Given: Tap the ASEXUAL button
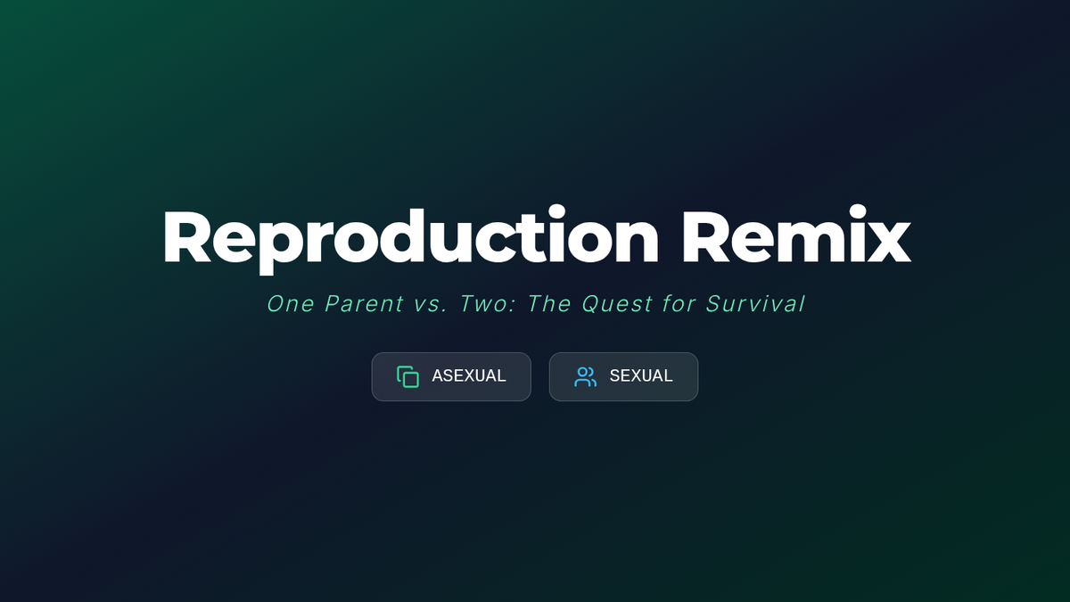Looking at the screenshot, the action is pos(451,376).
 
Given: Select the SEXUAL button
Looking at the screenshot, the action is pos(623,376).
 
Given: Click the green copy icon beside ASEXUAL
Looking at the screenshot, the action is pos(408,376).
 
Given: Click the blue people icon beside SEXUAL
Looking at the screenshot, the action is pos(585,376).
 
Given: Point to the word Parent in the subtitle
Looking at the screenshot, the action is pos(364,304).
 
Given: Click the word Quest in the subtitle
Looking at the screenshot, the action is pos(617,304).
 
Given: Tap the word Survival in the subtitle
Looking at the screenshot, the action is pos(756,304).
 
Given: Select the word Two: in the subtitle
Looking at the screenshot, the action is pos(487,304).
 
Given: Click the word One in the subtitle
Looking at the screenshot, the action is pos(291,304).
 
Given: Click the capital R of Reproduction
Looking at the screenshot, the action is pos(187,236).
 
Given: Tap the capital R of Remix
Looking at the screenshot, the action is pos(707,236).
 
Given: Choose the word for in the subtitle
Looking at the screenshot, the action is pos(679,304).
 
